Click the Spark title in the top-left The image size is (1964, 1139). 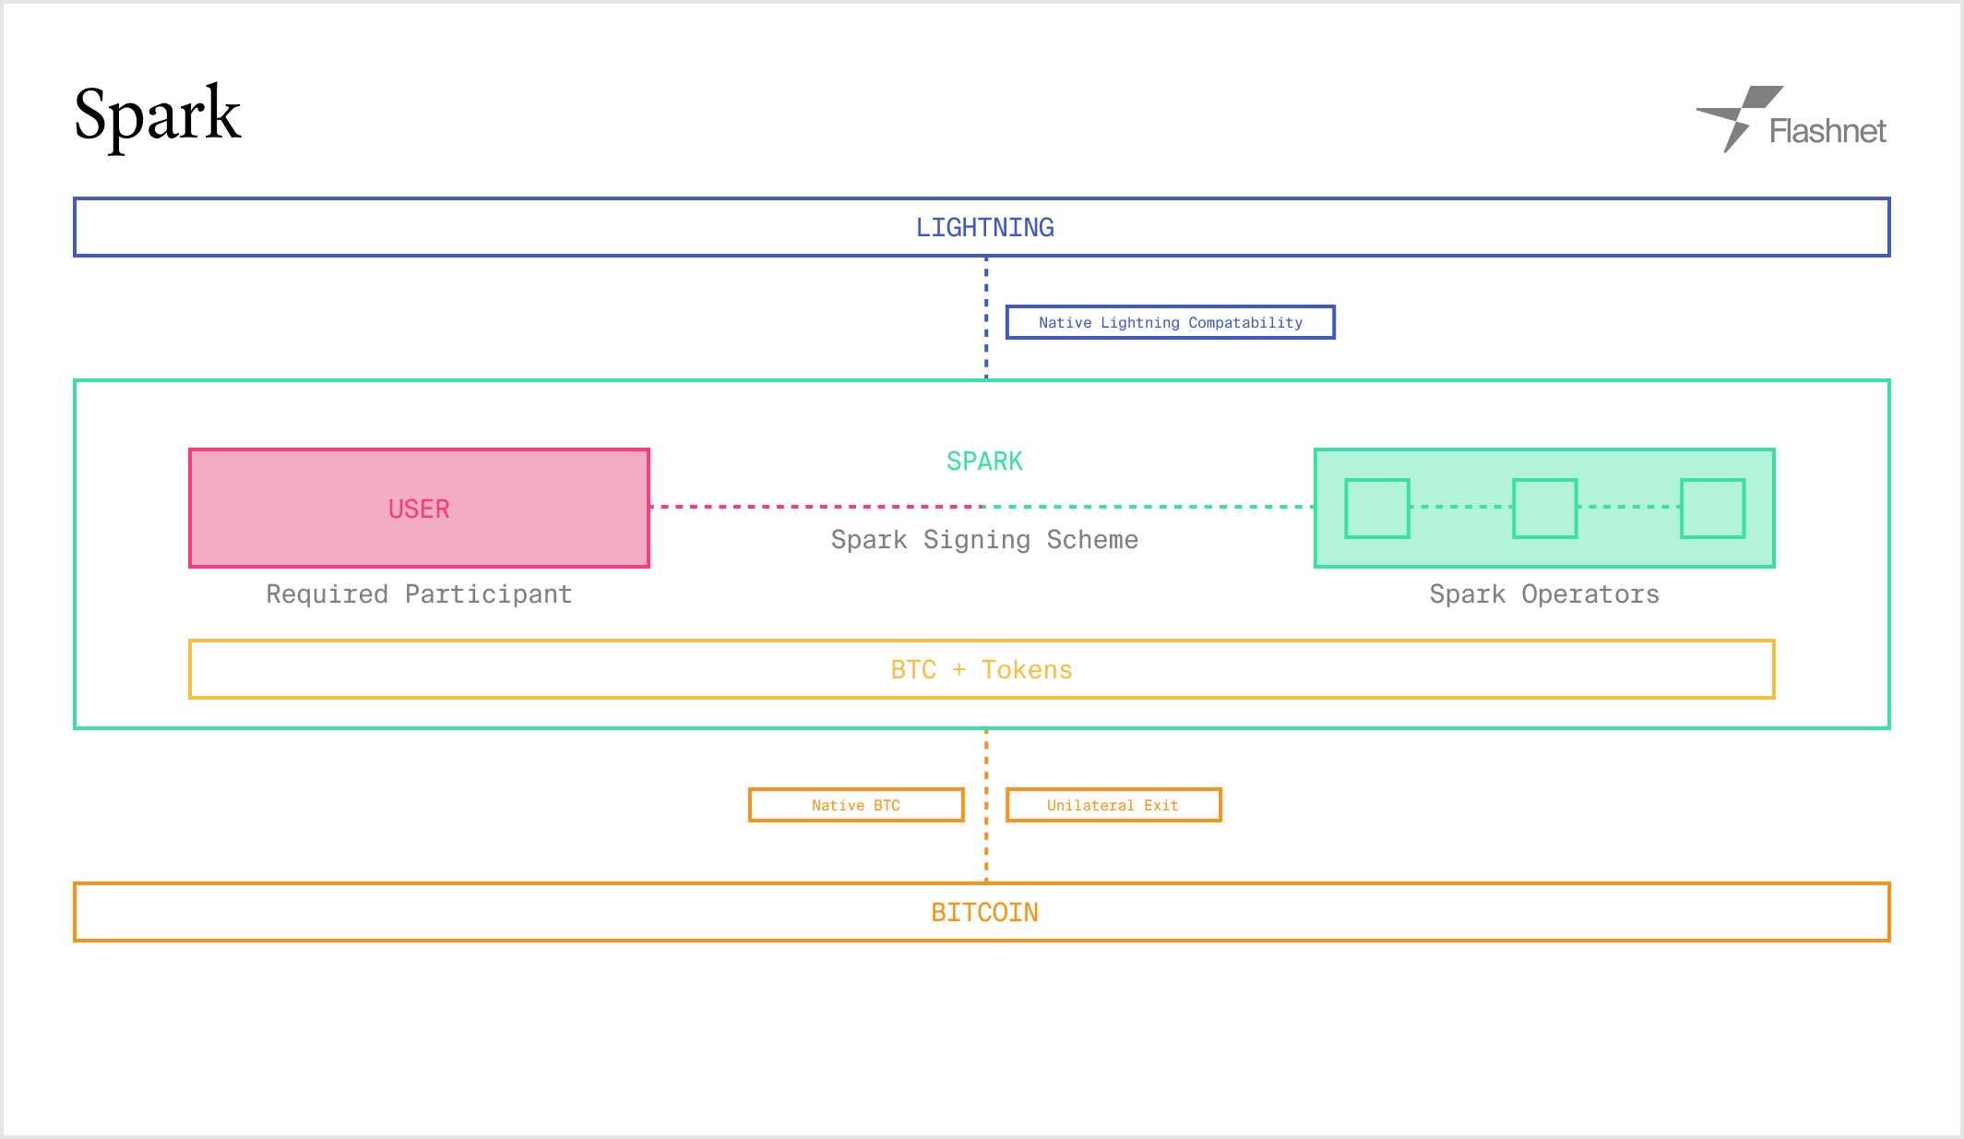pyautogui.click(x=158, y=115)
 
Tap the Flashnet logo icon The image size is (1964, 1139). pyautogui.click(x=1738, y=117)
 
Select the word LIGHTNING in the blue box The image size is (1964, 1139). pyautogui.click(x=984, y=227)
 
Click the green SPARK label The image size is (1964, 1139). pyautogui.click(x=984, y=462)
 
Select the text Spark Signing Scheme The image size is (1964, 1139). pyautogui.click(x=984, y=540)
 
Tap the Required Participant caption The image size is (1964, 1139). pyautogui.click(x=419, y=594)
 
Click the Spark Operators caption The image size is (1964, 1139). pyautogui.click(x=1544, y=594)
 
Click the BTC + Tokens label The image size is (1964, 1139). pyautogui.click(x=982, y=670)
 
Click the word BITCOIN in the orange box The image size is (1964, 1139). pyautogui.click(x=984, y=913)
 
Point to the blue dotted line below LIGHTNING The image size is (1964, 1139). pyautogui.click(x=986, y=318)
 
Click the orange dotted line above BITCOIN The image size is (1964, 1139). pyautogui.click(x=986, y=806)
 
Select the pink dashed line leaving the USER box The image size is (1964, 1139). pyautogui.click(x=817, y=507)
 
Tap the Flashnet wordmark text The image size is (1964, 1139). pyautogui.click(x=1827, y=131)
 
